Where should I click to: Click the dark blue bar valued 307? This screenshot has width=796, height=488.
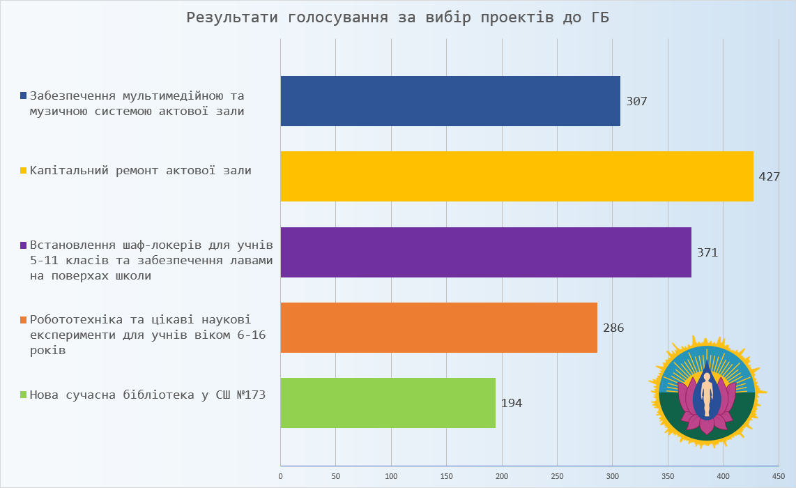coord(450,101)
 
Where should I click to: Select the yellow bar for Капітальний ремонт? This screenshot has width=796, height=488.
coord(516,176)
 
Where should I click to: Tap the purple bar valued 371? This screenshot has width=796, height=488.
coord(486,252)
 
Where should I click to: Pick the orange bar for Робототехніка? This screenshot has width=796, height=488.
coord(438,328)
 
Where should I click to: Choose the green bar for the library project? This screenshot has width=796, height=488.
coord(388,403)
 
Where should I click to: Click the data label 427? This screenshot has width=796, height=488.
coord(769,176)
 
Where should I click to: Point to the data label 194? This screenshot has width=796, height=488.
coord(512,403)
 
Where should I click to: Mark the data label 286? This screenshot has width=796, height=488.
coord(613,328)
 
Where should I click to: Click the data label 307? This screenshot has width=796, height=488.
coord(636,101)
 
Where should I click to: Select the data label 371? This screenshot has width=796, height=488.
coord(707,252)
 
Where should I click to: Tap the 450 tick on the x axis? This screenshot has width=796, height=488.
coord(779,476)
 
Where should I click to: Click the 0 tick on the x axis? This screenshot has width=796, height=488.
coord(280,476)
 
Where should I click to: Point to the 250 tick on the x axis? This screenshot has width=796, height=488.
coord(557,476)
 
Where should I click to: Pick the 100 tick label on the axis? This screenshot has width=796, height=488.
coord(391,476)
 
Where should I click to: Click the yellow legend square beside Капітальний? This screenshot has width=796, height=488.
coord(24,170)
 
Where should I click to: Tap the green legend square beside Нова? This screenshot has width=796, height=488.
coord(24,395)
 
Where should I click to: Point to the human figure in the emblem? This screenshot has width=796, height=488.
coord(707,394)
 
